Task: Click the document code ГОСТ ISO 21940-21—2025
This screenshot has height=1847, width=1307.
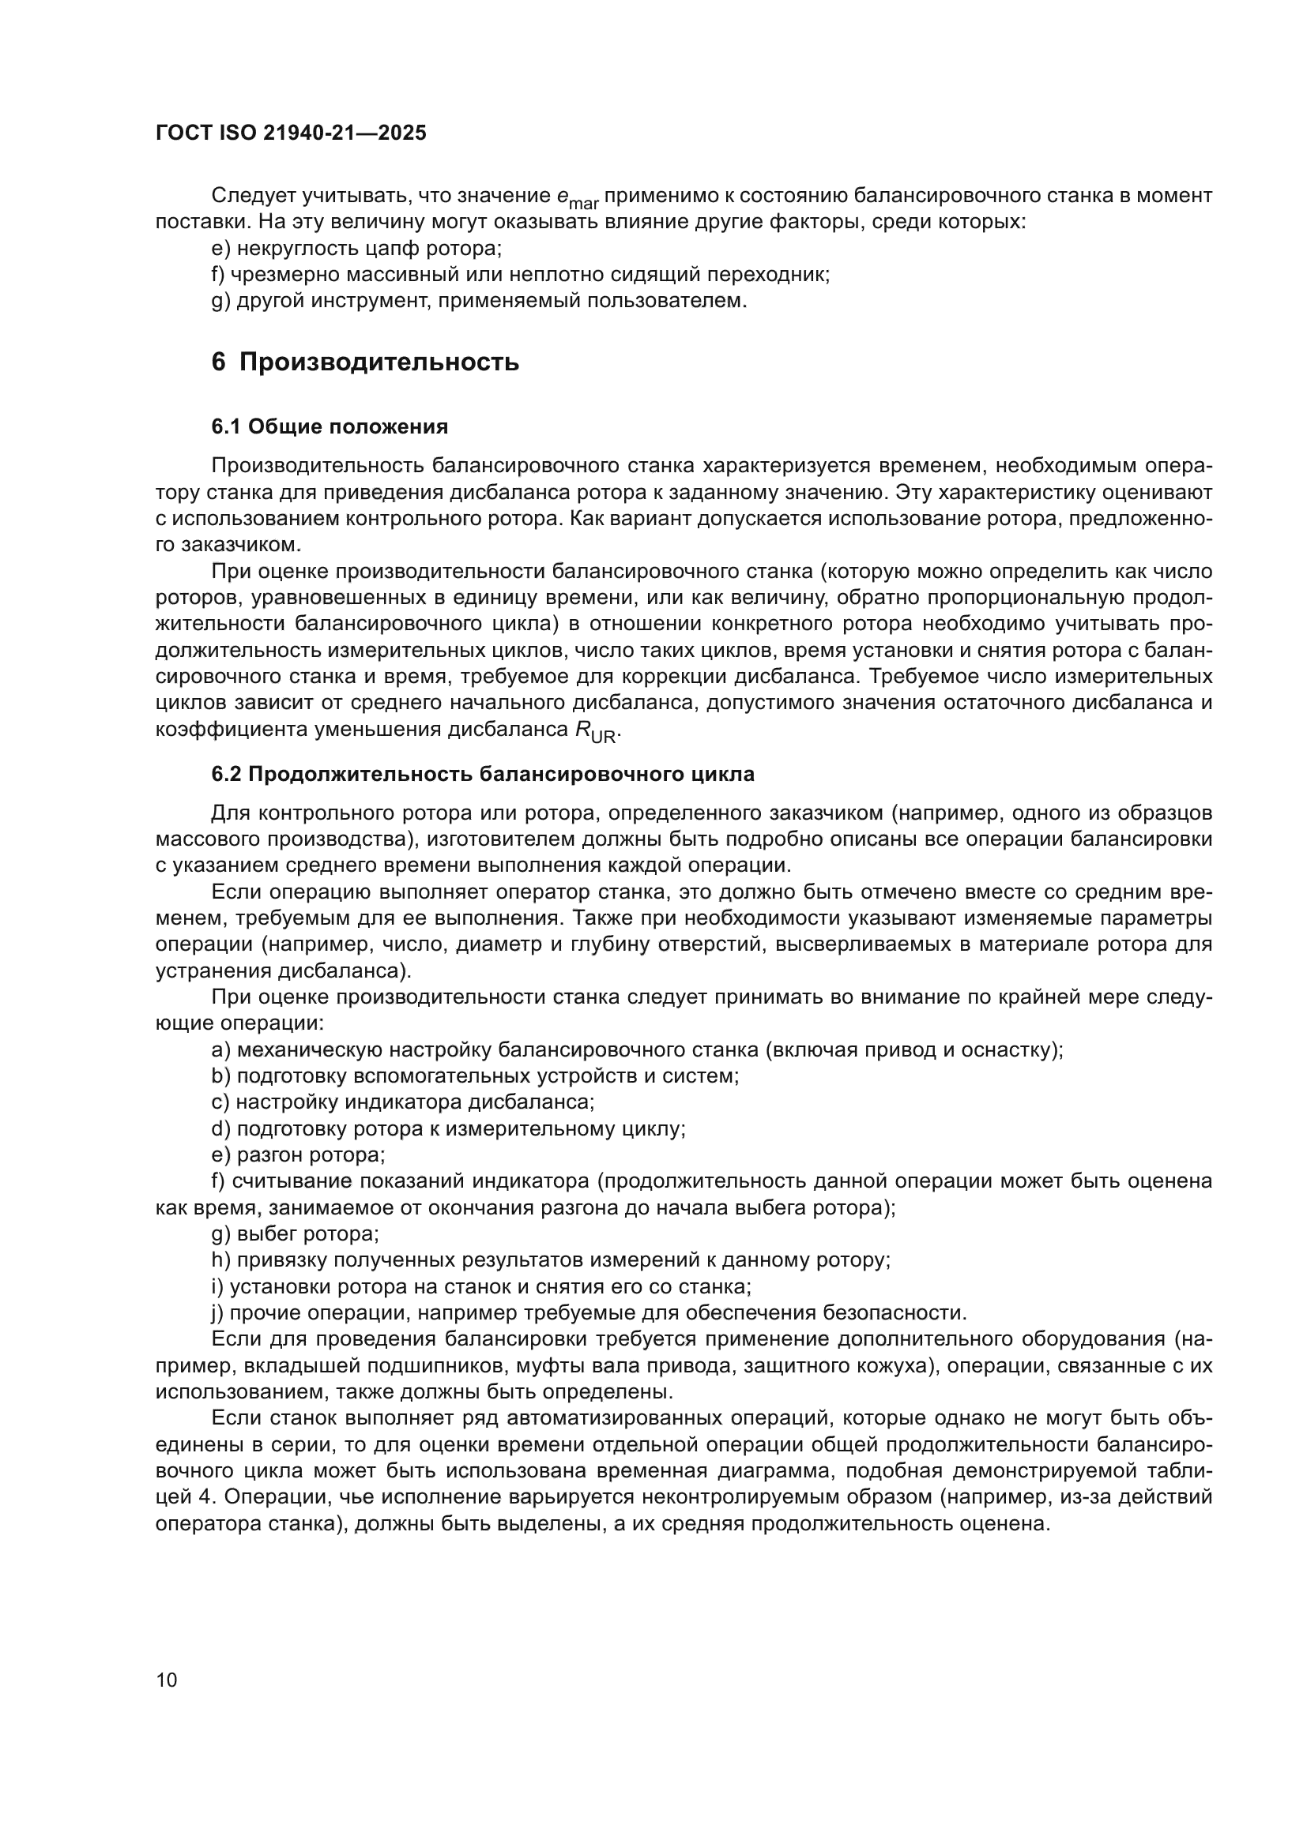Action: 291,133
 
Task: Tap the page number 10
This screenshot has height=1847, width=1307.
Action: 167,1680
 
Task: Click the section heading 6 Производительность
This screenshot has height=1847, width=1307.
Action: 364,362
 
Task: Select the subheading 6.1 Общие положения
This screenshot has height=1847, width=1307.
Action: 330,426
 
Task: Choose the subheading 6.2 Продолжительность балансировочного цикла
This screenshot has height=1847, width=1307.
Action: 483,775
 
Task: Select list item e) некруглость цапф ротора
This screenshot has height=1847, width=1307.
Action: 356,249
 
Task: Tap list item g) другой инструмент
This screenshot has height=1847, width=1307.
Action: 479,301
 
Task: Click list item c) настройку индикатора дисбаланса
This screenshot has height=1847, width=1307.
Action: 402,1102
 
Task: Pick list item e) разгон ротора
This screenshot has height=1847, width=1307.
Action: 298,1155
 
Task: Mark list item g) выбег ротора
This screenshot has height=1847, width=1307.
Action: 295,1234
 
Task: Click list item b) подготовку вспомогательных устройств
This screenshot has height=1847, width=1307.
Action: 475,1076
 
